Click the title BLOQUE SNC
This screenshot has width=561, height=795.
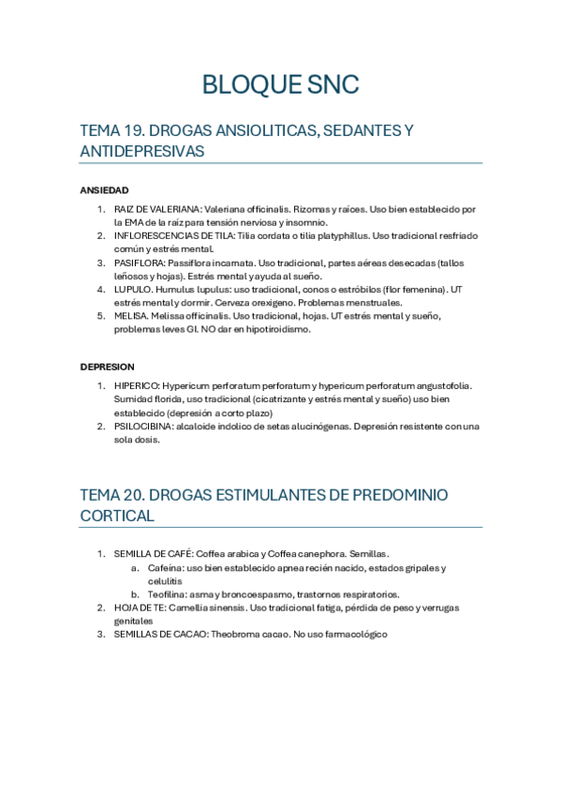[x=280, y=86]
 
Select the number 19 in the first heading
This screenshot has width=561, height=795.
[x=132, y=131]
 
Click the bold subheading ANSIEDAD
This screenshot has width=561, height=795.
[x=104, y=190]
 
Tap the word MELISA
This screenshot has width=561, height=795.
[x=129, y=316]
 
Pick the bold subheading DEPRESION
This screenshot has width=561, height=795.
[x=107, y=367]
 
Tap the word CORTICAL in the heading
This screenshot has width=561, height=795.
[x=117, y=516]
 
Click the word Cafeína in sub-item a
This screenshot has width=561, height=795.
[x=166, y=567]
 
